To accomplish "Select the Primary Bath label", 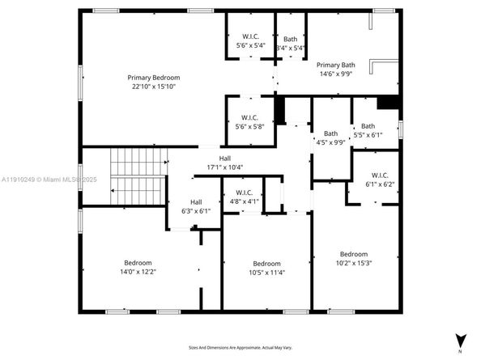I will click(335, 65).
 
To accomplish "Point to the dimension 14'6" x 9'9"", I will click(335, 74).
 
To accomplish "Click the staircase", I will click(136, 176).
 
